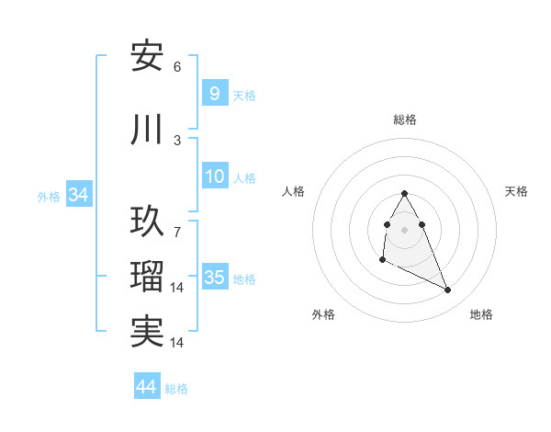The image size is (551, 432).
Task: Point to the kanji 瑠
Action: tap(147, 277)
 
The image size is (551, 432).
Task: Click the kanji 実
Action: tap(147, 331)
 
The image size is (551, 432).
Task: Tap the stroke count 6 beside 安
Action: tap(177, 67)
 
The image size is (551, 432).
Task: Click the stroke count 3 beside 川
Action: tap(177, 141)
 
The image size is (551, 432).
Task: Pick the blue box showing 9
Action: tap(214, 94)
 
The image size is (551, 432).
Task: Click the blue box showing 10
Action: tap(214, 176)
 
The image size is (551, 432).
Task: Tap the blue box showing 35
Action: tap(214, 278)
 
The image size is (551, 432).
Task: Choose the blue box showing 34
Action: tap(78, 195)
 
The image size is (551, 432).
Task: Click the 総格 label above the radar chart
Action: tap(405, 119)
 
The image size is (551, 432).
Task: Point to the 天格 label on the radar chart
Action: tap(516, 191)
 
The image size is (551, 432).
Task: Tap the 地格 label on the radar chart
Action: tap(481, 314)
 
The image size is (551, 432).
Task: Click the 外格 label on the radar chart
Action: tap(323, 314)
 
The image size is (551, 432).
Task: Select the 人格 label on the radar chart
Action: tap(293, 191)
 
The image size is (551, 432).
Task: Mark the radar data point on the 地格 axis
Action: tap(448, 290)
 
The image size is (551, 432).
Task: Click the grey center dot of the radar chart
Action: tap(405, 229)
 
